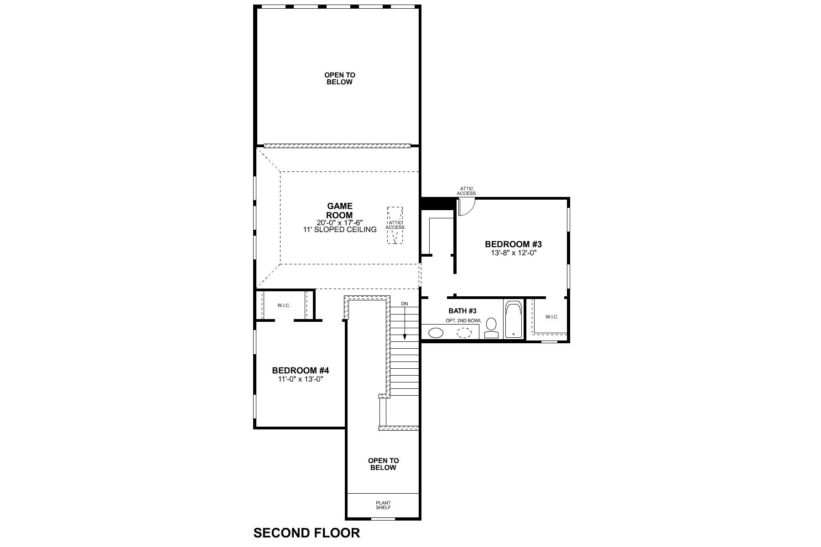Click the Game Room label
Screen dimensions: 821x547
click(x=340, y=211)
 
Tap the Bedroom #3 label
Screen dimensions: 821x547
click(x=513, y=244)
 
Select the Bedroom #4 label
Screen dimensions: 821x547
click(x=301, y=371)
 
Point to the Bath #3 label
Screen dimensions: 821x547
click(x=462, y=311)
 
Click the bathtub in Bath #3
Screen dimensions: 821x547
click(x=514, y=319)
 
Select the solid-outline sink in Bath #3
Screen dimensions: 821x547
click(x=436, y=333)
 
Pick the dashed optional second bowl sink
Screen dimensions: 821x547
click(x=464, y=333)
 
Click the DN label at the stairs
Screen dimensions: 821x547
click(x=405, y=304)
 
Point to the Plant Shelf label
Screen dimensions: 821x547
click(x=383, y=506)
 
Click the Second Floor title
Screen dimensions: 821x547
click(x=307, y=533)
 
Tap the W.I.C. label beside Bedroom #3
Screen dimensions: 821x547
click(x=551, y=317)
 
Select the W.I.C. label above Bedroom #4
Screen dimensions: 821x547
click(x=284, y=305)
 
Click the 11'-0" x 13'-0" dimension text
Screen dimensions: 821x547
click(x=301, y=379)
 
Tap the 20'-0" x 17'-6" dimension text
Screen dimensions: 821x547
click(x=340, y=222)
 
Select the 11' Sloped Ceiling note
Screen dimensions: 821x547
click(x=340, y=230)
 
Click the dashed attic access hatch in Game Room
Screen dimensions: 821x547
click(x=395, y=225)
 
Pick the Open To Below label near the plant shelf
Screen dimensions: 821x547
click(x=383, y=464)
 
